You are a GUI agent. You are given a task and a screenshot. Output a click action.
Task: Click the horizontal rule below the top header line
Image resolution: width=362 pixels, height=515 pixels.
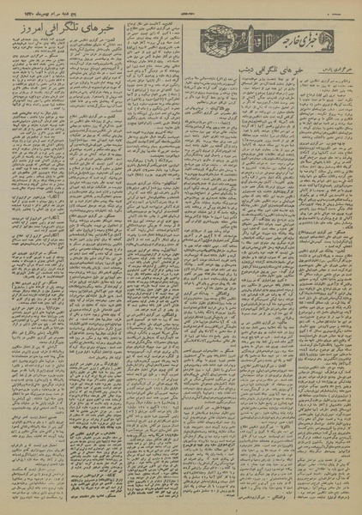pos(181,19)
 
